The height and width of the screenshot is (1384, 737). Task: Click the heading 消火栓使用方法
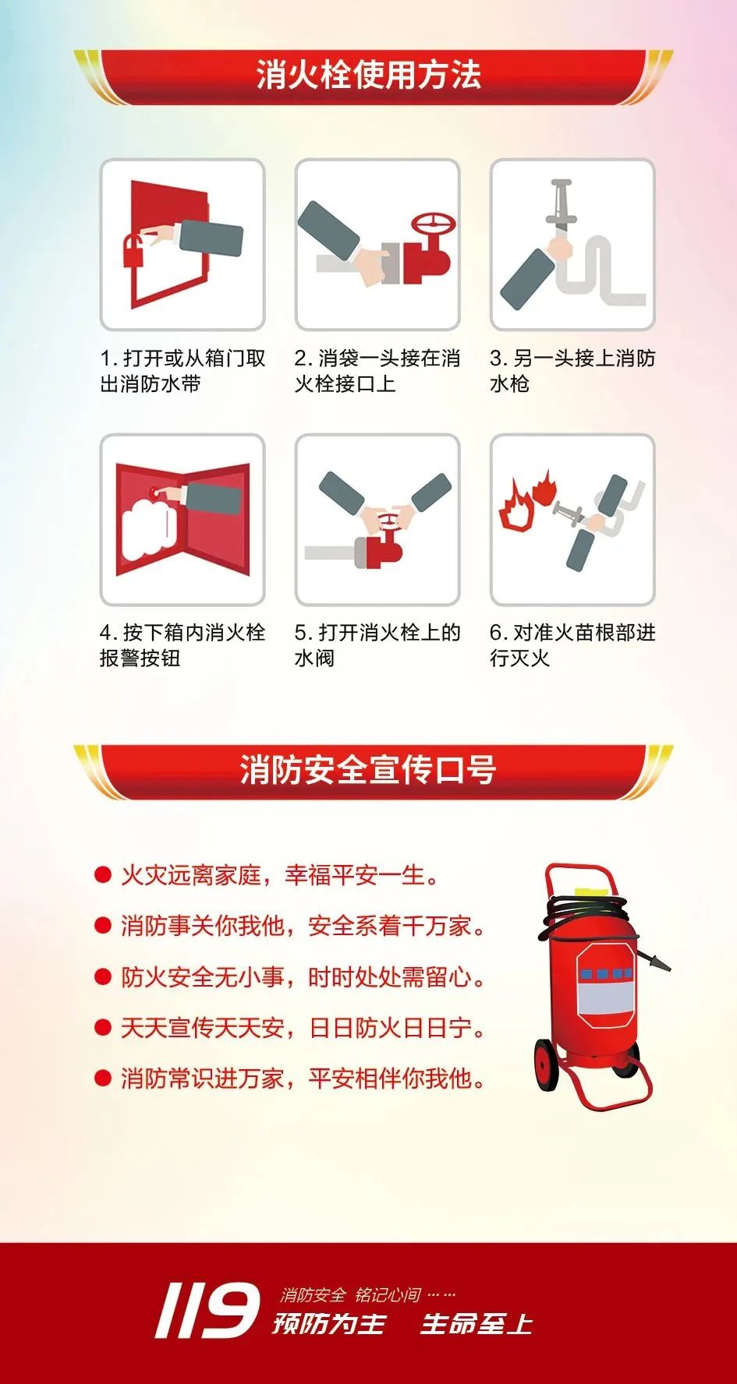(x=368, y=76)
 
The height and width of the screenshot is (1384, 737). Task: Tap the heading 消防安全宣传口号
(x=368, y=769)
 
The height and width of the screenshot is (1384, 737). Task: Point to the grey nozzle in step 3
(x=559, y=204)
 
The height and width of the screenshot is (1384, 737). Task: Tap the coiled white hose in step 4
(x=149, y=528)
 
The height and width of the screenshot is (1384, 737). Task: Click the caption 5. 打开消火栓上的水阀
(x=377, y=645)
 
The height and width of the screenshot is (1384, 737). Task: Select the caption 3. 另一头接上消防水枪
(x=572, y=371)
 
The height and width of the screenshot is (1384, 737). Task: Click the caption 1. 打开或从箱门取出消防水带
(x=183, y=371)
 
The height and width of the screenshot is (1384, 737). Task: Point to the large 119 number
(x=207, y=1311)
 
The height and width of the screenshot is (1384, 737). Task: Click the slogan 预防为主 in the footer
(x=329, y=1323)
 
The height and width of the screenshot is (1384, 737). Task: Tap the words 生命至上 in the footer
(x=477, y=1323)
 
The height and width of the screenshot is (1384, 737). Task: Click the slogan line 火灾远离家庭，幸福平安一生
(x=278, y=875)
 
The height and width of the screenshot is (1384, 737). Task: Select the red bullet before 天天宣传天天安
(x=103, y=1028)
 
